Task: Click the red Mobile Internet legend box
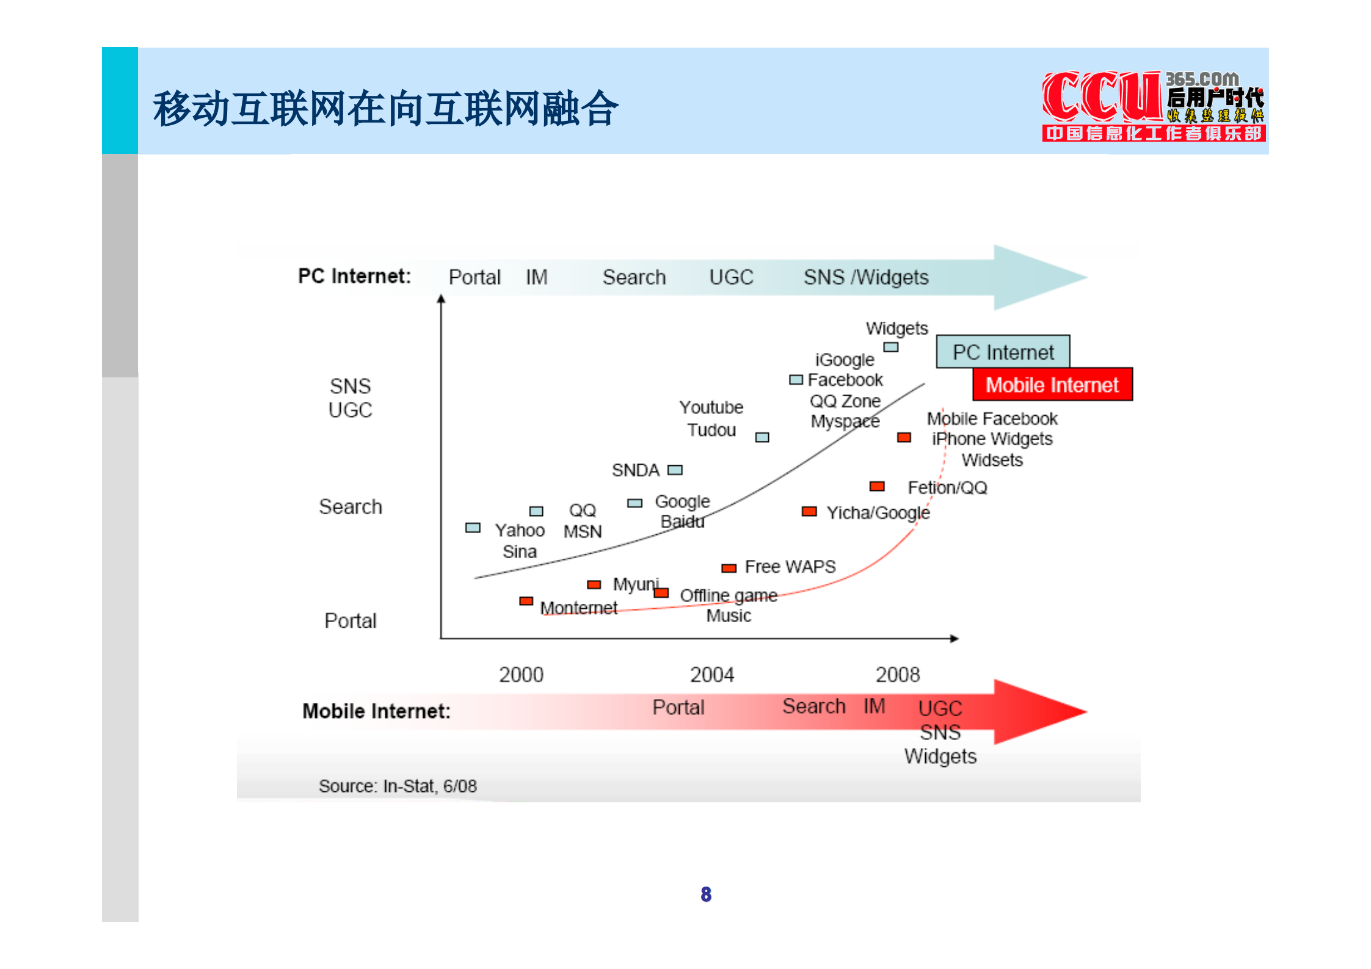1052,385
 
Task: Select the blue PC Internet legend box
1003,352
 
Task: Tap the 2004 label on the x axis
711,675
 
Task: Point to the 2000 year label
521,675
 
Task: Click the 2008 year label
897,675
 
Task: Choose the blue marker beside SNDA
675,470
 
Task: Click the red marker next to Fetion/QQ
877,486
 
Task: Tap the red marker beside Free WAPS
729,568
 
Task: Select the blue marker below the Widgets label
891,347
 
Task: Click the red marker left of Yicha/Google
809,511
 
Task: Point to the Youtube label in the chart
711,407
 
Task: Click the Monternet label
578,608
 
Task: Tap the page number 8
706,895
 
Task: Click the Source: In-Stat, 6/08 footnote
398,786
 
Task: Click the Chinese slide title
385,109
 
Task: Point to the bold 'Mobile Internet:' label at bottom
376,711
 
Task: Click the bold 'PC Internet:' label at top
354,277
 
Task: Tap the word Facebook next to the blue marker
845,380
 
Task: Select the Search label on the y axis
351,507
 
